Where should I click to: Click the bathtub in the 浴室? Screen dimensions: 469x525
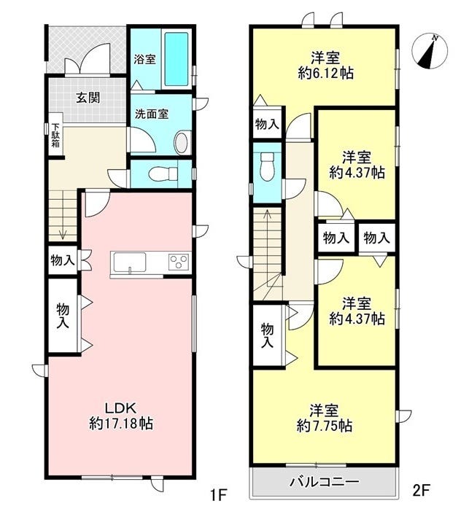click(177, 59)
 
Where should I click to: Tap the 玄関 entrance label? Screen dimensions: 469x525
click(88, 98)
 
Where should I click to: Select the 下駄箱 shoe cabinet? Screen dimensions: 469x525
click(55, 135)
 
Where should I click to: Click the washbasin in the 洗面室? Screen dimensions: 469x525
click(182, 143)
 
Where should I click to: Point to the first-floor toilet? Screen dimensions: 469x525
click(163, 174)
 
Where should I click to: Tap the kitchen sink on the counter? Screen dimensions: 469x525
click(130, 262)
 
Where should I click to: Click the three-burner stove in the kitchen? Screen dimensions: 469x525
click(179, 262)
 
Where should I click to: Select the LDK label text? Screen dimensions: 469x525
click(120, 408)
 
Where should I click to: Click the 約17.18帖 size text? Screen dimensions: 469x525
click(121, 424)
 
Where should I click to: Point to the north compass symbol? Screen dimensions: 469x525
click(430, 52)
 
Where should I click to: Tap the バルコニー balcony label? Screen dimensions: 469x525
click(325, 482)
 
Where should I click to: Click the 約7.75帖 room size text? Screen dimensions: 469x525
click(325, 426)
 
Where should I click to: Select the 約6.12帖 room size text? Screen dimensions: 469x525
click(325, 73)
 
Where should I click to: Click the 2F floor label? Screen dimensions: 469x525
click(421, 491)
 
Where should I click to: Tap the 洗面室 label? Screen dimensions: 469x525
click(152, 114)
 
